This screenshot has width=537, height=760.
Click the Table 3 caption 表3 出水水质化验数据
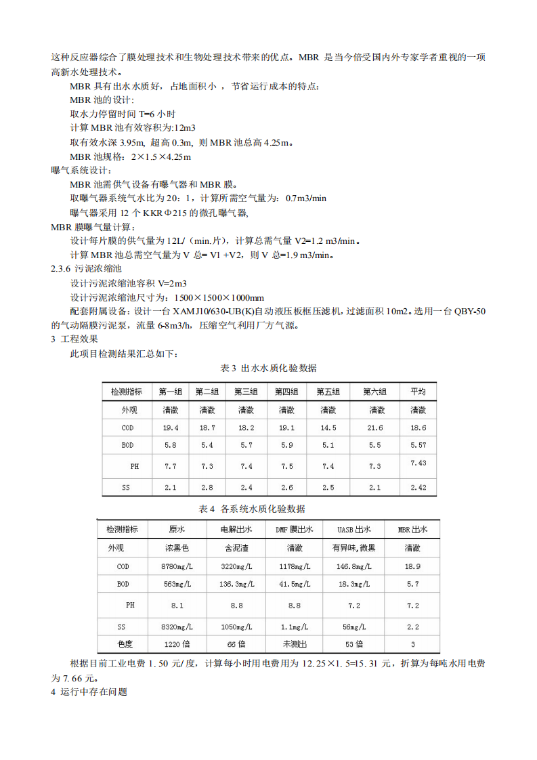[x=268, y=368]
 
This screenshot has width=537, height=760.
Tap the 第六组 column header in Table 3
[x=374, y=392]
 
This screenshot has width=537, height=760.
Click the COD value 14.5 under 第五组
[x=328, y=428]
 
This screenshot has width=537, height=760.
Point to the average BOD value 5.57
[x=418, y=446]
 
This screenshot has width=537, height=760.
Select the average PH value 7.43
[x=418, y=463]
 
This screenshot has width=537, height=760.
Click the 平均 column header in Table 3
[x=418, y=392]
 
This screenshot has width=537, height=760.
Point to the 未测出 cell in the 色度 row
[x=294, y=644]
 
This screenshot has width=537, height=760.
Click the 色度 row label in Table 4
[x=125, y=644]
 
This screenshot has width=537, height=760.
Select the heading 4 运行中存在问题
[x=89, y=692]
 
